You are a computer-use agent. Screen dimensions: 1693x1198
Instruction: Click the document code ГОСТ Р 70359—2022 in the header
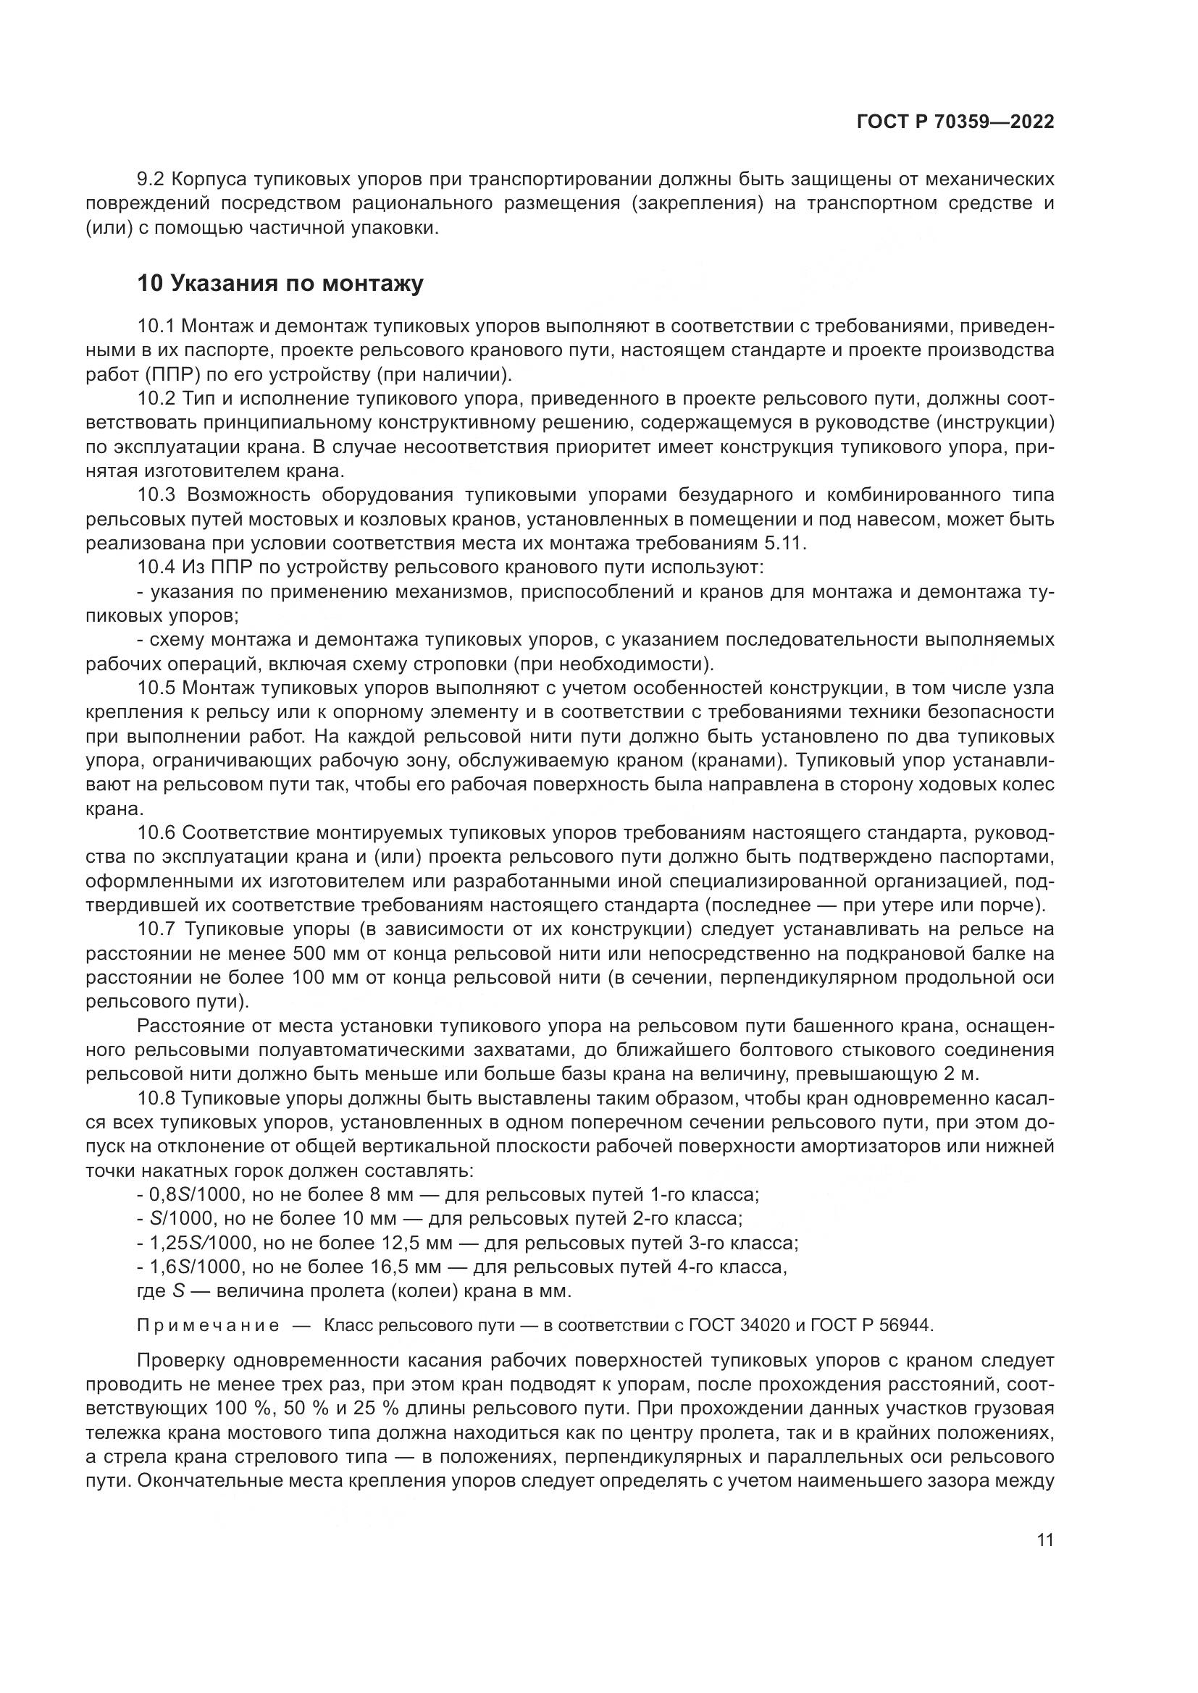coord(955,122)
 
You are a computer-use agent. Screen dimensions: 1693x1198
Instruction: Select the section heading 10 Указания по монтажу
coord(280,284)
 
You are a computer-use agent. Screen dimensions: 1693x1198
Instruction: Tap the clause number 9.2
coord(151,180)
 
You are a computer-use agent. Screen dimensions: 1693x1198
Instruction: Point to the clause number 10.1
coord(156,326)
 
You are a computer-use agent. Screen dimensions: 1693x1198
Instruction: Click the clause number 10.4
coord(156,567)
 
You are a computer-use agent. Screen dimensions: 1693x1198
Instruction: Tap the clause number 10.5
coord(156,688)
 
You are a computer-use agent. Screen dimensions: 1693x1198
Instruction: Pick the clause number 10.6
coord(156,833)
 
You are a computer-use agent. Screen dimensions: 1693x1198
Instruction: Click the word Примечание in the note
coord(208,1326)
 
